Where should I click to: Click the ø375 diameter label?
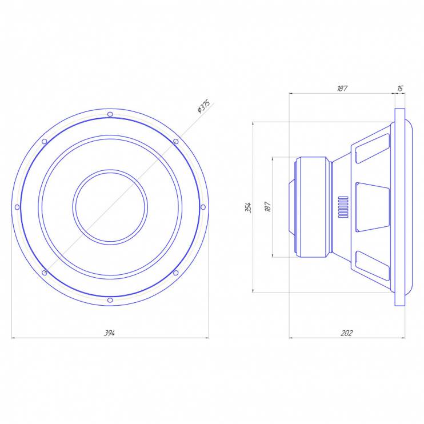click(x=203, y=106)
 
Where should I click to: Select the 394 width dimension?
click(x=110, y=333)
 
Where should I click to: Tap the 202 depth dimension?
click(x=347, y=333)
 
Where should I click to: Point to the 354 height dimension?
click(x=249, y=207)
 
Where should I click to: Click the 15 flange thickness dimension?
click(x=400, y=89)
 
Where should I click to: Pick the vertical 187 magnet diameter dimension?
click(x=267, y=207)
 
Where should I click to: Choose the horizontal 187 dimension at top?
click(x=342, y=89)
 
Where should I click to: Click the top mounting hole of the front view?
click(x=110, y=114)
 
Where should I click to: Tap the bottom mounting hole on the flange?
click(x=110, y=300)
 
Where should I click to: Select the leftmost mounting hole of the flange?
click(x=17, y=207)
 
